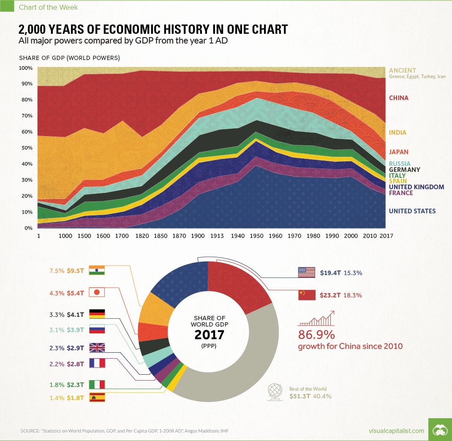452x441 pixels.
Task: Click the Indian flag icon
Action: pyautogui.click(x=99, y=271)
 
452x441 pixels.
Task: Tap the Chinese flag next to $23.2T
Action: pyautogui.click(x=307, y=295)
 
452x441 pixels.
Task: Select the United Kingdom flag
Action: pyautogui.click(x=97, y=348)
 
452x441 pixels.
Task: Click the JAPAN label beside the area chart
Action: pyautogui.click(x=398, y=152)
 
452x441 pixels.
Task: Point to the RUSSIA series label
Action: pyautogui.click(x=399, y=164)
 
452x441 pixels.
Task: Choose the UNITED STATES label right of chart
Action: pyautogui.click(x=412, y=211)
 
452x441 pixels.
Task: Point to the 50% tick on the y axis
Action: pyautogui.click(x=26, y=148)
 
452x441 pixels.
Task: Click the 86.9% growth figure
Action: pyautogui.click(x=316, y=335)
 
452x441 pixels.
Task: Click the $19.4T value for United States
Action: pyautogui.click(x=331, y=273)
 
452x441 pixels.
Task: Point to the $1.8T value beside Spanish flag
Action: pyautogui.click(x=76, y=397)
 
